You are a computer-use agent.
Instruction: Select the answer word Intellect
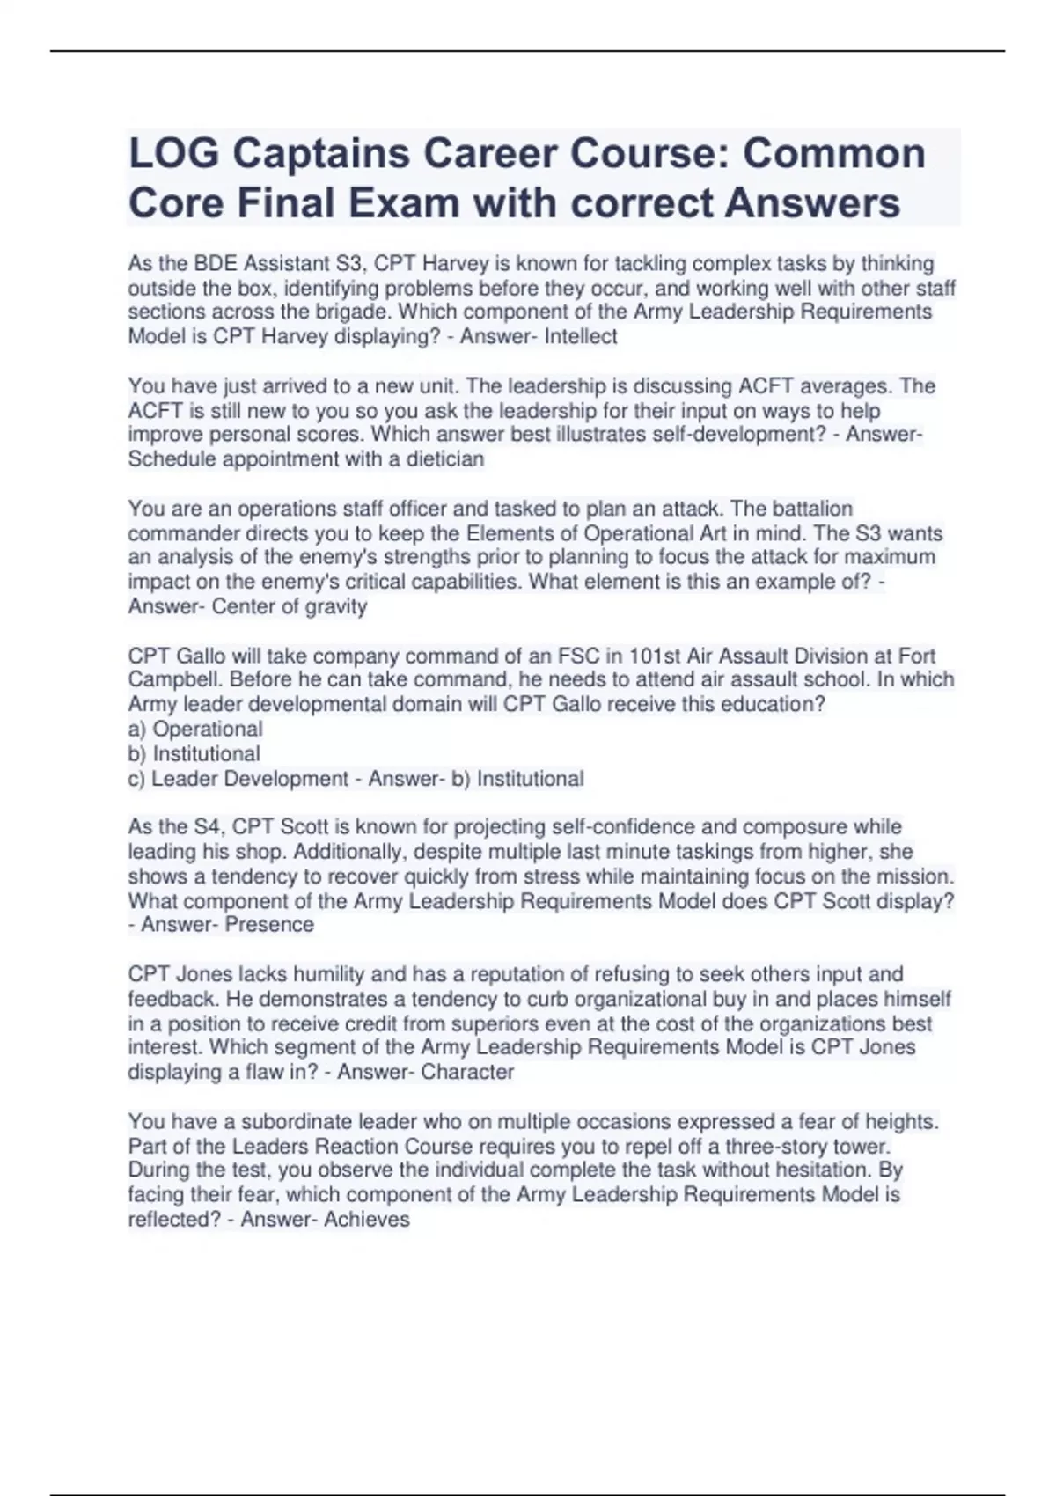tap(581, 336)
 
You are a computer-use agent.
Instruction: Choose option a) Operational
tap(195, 729)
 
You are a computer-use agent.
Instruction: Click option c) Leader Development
tap(238, 779)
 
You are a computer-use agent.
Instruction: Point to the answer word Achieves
tap(367, 1219)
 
